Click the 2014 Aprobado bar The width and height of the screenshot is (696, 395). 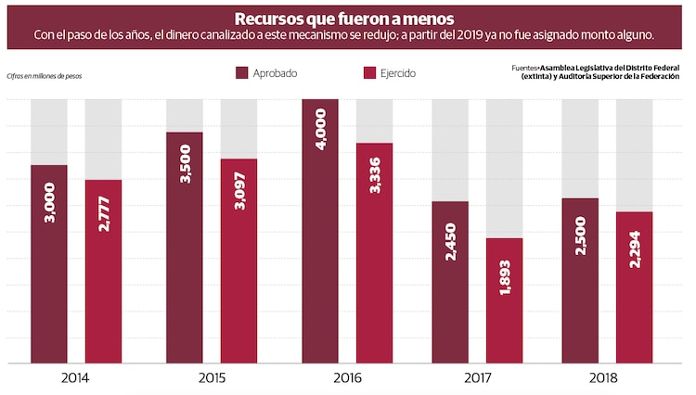tap(48, 264)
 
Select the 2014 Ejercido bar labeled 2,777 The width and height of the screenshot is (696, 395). tap(103, 271)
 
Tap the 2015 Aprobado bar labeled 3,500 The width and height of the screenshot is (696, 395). tap(185, 248)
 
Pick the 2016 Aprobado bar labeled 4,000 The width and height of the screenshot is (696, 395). tap(320, 231)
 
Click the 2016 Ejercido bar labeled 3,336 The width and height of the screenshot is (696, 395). tap(374, 253)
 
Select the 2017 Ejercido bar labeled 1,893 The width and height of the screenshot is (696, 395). tap(504, 300)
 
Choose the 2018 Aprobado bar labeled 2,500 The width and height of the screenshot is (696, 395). tap(580, 280)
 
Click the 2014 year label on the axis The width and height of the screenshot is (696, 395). tap(76, 377)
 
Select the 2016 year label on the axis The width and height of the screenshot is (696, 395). tap(347, 377)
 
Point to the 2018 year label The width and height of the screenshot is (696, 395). tap(607, 377)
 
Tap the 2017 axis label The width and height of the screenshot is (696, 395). tap(477, 377)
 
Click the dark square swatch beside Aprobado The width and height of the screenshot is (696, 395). tap(243, 73)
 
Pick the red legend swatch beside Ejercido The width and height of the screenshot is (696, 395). tap(369, 73)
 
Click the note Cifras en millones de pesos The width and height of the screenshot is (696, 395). tap(44, 76)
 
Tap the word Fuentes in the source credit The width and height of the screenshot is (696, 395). tap(525, 68)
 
